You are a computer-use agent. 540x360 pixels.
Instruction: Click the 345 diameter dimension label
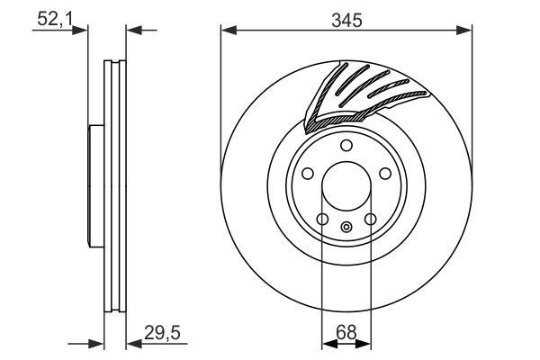pyautogui.click(x=346, y=20)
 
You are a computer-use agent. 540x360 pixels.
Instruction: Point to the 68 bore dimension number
pyautogui.click(x=346, y=332)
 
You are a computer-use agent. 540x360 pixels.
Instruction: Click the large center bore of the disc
pyautogui.click(x=346, y=185)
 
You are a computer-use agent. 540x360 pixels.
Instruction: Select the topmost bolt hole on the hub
pyautogui.click(x=346, y=148)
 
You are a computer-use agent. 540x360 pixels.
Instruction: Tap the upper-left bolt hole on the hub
pyautogui.click(x=308, y=175)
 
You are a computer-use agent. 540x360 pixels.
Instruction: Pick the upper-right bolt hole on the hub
pyautogui.click(x=385, y=175)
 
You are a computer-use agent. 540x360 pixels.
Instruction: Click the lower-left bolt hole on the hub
pyautogui.click(x=322, y=219)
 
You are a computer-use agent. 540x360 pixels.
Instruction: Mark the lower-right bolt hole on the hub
pyautogui.click(x=371, y=219)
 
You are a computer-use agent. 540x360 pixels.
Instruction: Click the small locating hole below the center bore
pyautogui.click(x=346, y=226)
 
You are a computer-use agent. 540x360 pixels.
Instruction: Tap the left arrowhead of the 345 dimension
pyautogui.click(x=228, y=31)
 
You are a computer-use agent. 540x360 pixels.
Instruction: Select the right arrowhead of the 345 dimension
pyautogui.click(x=465, y=31)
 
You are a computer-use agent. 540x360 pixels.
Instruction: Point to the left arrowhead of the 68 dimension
pyautogui.click(x=328, y=343)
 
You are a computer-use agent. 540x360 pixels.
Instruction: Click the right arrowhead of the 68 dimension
pyautogui.click(x=365, y=343)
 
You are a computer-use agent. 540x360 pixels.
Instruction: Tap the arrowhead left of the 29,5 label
pyautogui.click(x=132, y=343)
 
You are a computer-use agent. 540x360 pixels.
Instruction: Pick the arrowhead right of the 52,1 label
pyautogui.click(x=83, y=31)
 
